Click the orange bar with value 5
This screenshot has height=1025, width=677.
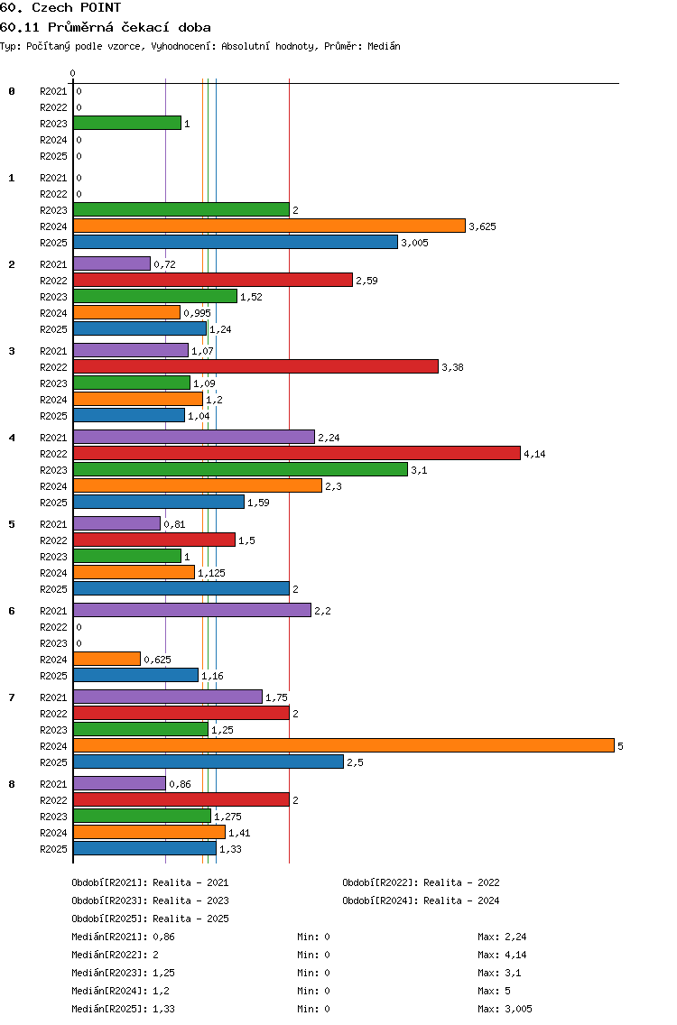coord(344,746)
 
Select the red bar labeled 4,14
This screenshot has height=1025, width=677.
coord(297,453)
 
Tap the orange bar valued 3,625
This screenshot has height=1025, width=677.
coord(270,226)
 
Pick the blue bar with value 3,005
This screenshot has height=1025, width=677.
coord(236,242)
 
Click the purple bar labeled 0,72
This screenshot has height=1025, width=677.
coord(112,263)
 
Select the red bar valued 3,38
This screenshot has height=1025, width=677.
coord(255,366)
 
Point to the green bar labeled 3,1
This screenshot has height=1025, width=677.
coord(241,469)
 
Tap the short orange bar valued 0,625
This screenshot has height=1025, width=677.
coord(107,659)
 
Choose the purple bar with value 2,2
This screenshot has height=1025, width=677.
coord(192,610)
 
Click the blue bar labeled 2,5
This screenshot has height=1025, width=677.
coord(209,762)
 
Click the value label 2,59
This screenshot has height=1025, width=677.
coord(367,281)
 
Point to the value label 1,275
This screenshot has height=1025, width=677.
coord(227,817)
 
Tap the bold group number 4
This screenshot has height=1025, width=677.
coord(12,438)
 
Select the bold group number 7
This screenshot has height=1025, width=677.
coord(12,697)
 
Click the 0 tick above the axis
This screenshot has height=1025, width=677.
coord(72,73)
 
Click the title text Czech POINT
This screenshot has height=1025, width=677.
coord(77,8)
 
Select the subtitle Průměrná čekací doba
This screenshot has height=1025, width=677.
coord(129,27)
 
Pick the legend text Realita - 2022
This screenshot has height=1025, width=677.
coord(461,882)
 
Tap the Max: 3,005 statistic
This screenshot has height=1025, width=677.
coord(505,1009)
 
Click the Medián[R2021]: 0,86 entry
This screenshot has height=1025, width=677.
coord(123,937)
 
